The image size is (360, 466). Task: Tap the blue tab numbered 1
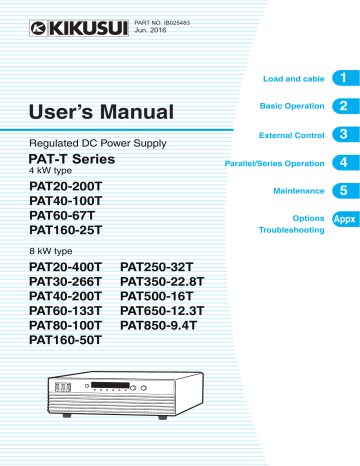click(x=342, y=77)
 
